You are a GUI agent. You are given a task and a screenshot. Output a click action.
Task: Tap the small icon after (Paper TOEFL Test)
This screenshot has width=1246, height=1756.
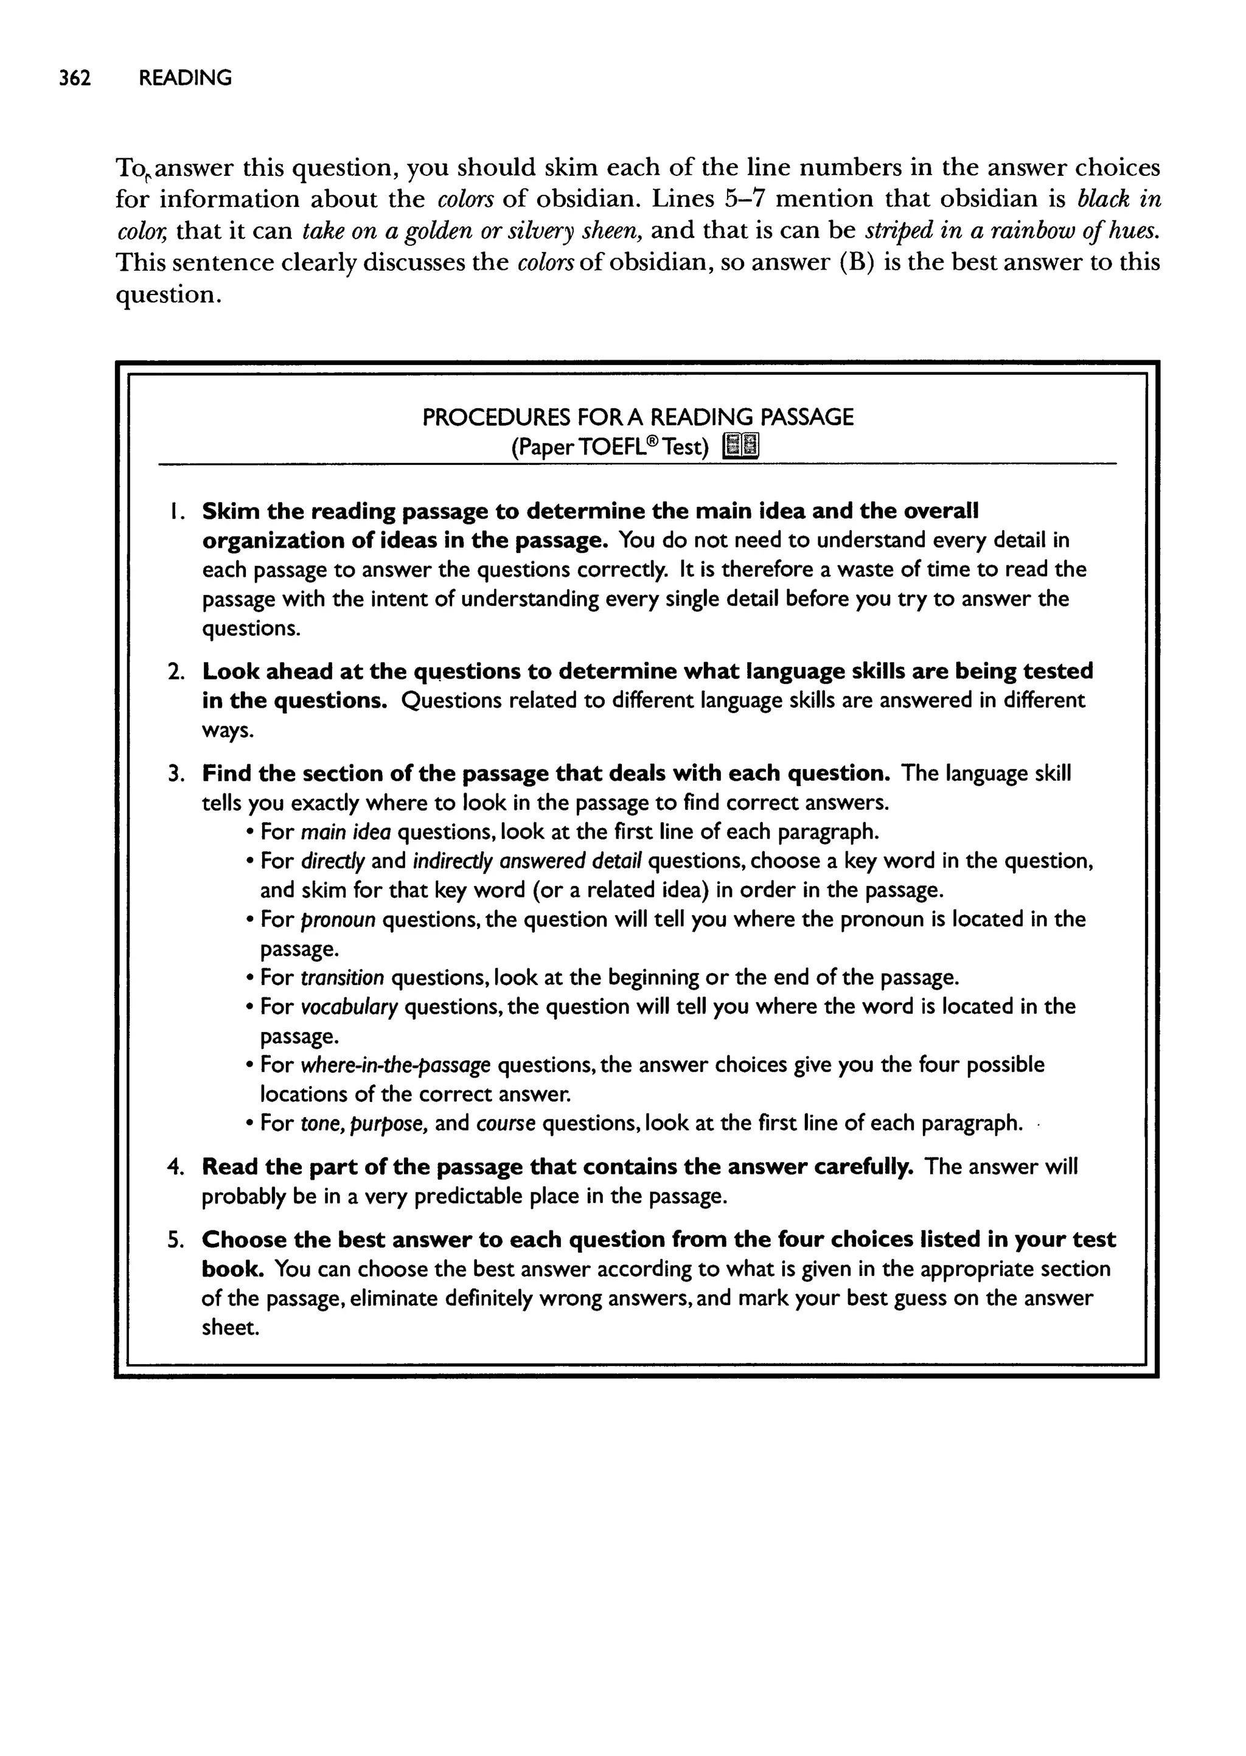click(x=741, y=446)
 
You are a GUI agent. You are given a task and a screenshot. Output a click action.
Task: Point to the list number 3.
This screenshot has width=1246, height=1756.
click(x=176, y=773)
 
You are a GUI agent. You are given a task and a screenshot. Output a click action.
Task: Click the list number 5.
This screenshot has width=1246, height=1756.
click(x=176, y=1241)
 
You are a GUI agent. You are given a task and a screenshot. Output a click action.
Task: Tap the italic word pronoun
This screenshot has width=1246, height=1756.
click(x=338, y=920)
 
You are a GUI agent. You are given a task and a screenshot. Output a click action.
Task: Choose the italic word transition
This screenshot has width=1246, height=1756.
click(x=342, y=978)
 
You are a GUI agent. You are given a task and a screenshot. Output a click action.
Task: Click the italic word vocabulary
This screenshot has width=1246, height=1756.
click(x=349, y=1007)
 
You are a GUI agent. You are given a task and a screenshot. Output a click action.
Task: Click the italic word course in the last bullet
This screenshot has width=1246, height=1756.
click(x=506, y=1124)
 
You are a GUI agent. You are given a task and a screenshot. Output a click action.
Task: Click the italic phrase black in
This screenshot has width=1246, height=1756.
click(x=1119, y=200)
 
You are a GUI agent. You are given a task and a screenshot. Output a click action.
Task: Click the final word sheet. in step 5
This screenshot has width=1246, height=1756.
click(x=230, y=1328)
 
